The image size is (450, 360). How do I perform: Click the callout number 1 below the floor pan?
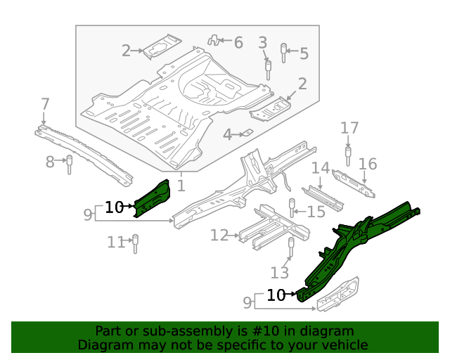tap(181, 186)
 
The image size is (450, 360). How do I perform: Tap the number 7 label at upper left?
tap(45, 105)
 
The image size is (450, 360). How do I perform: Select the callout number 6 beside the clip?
tap(238, 44)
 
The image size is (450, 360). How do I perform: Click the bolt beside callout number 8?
tap(70, 165)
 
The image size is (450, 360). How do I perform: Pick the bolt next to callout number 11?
tap(135, 243)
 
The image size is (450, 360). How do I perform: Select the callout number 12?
tap(219, 235)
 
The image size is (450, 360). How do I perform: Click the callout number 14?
tap(321, 168)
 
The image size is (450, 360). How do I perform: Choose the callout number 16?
tap(368, 165)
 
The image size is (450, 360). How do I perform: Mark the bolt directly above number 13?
tap(290, 247)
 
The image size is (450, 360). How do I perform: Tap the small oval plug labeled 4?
tap(247, 133)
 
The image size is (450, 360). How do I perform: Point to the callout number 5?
tap(304, 53)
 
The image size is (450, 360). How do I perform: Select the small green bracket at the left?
tap(152, 198)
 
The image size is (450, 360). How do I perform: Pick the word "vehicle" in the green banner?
tap(345, 345)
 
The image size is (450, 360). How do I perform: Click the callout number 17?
tap(349, 128)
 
